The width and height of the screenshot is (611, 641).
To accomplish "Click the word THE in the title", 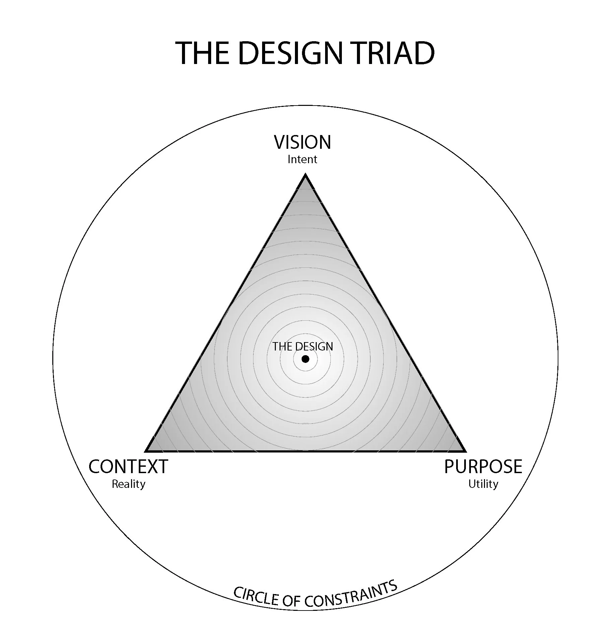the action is click(x=201, y=53).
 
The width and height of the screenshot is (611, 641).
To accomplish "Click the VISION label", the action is click(x=302, y=142).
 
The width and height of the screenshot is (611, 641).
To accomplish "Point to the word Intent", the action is click(x=302, y=159).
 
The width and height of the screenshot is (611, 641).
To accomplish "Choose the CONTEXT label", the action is click(x=128, y=466).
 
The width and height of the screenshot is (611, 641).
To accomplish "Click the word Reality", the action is click(x=128, y=484).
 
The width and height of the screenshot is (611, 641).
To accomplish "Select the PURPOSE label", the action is click(x=483, y=466).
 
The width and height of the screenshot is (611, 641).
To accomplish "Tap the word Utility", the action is click(x=483, y=484).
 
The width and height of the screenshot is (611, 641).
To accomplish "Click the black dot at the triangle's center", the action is click(x=305, y=359).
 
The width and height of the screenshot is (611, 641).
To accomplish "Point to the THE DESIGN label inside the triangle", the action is click(x=302, y=346).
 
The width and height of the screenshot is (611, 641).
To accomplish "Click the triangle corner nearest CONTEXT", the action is click(x=146, y=451).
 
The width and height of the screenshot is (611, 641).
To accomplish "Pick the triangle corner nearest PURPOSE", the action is click(x=465, y=451).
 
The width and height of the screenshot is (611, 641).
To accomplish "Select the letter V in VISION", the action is click(x=280, y=142).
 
